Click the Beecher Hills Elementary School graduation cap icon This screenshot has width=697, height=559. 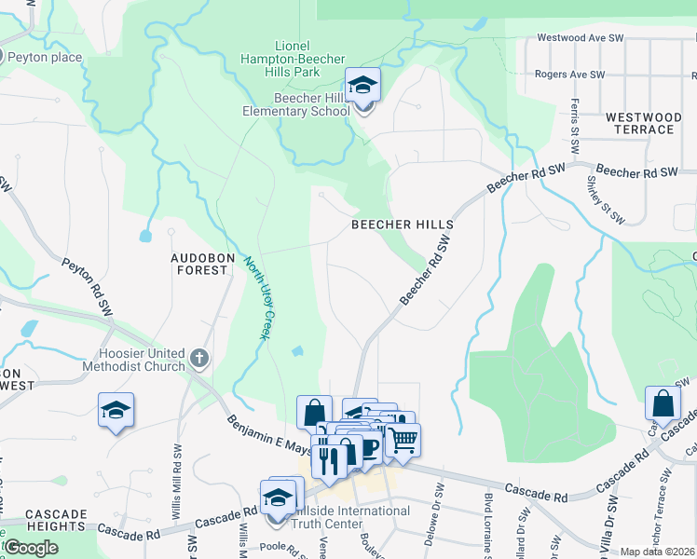tap(362, 86)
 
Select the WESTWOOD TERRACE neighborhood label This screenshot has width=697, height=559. tap(638, 123)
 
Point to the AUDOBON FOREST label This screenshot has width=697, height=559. tap(198, 263)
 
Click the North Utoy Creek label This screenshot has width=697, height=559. tap(256, 297)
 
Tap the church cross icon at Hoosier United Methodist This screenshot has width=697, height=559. tap(198, 358)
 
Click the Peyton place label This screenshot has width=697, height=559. tap(45, 58)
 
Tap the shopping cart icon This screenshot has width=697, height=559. tap(403, 440)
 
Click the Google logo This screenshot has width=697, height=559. tap(32, 547)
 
